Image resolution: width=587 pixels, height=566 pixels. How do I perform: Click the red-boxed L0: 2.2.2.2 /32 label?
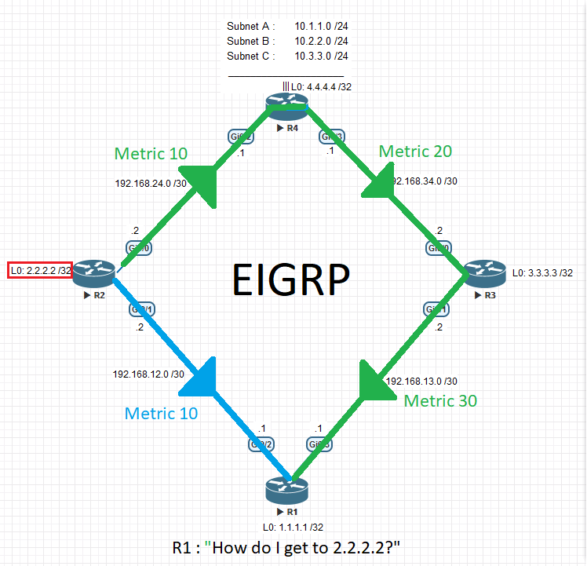42,271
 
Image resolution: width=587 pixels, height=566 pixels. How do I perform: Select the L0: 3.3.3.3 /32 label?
542,273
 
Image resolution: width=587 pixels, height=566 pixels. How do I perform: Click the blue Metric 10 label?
161,413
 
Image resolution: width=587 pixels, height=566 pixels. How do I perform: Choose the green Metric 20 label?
415,152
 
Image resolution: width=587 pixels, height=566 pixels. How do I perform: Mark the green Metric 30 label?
440,400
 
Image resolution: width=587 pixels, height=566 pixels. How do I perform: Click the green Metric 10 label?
151,153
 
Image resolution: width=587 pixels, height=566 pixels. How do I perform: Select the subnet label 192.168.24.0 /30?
151,184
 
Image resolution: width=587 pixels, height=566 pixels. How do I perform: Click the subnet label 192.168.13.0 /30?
421,382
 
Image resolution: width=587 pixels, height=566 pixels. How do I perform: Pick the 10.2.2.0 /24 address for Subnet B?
321,41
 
